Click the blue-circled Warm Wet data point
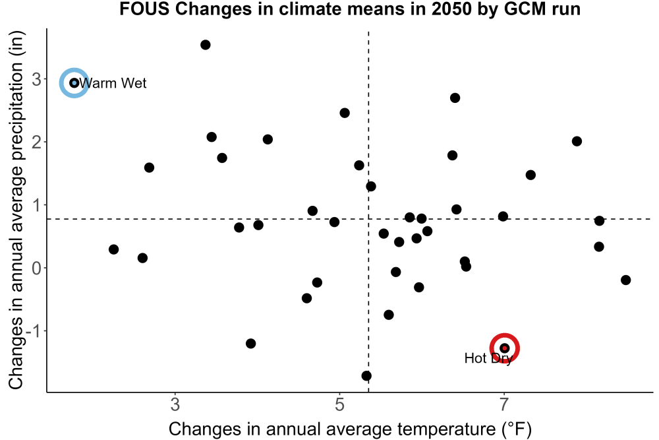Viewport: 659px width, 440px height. (x=74, y=83)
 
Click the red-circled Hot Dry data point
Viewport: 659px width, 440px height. (x=504, y=348)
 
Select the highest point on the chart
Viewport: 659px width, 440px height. (x=205, y=45)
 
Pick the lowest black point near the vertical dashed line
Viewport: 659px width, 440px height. (x=366, y=375)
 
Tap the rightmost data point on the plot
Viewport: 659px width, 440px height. (x=625, y=280)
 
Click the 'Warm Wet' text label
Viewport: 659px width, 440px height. (x=113, y=83)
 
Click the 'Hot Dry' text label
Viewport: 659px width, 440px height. (x=488, y=358)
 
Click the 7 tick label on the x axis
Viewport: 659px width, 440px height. (x=503, y=404)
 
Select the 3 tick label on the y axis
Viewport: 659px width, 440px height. (x=36, y=79)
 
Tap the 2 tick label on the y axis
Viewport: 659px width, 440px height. (x=36, y=142)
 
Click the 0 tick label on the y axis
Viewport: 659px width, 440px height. (x=36, y=268)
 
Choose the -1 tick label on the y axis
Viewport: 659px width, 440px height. (x=33, y=331)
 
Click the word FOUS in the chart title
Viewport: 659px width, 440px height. (x=144, y=9)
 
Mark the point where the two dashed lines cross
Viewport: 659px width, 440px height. (x=368, y=219)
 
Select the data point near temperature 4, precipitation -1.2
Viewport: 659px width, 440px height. (x=250, y=344)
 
